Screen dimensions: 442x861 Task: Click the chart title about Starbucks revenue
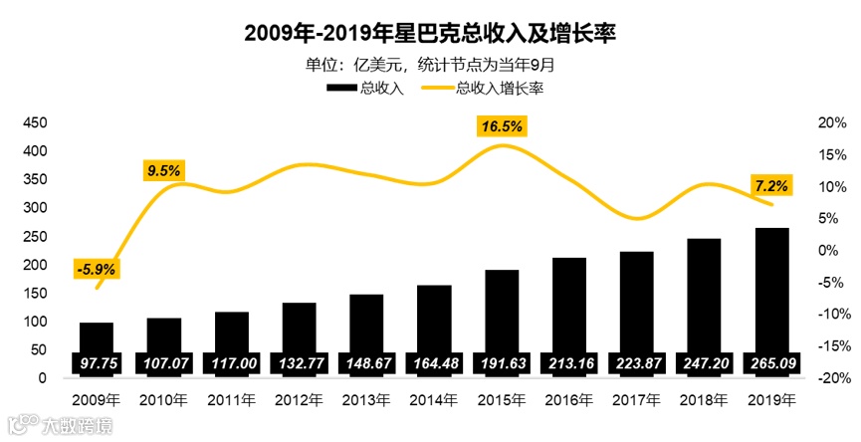tap(430, 34)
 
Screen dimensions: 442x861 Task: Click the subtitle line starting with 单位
tap(430, 66)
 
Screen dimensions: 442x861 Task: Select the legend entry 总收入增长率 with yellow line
tap(488, 89)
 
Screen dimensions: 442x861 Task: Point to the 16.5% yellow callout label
tap(502, 126)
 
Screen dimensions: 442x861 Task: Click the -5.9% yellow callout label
tap(96, 268)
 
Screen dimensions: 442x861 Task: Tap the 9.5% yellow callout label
tap(163, 170)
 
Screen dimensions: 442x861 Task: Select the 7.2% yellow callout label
tap(771, 185)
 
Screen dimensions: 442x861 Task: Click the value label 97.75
tap(96, 363)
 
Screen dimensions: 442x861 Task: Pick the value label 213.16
tap(569, 363)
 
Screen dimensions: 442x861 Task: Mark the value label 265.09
tap(771, 363)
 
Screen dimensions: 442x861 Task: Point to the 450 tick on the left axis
tap(35, 122)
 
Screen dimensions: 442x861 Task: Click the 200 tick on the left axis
tap(35, 265)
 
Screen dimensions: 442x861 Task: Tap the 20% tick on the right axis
tap(830, 122)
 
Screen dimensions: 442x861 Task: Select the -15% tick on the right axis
tap(830, 346)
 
